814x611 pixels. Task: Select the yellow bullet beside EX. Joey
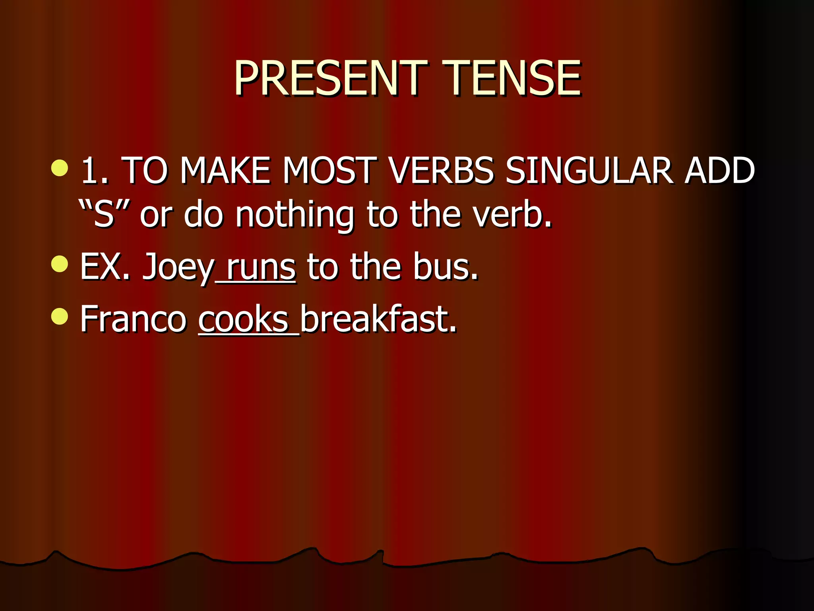pyautogui.click(x=60, y=264)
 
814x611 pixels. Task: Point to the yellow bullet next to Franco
pyautogui.click(x=60, y=316)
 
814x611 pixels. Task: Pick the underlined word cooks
pyautogui.click(x=243, y=319)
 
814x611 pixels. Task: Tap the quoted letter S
pyautogui.click(x=104, y=215)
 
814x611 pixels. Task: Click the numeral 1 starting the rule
pyautogui.click(x=91, y=171)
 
